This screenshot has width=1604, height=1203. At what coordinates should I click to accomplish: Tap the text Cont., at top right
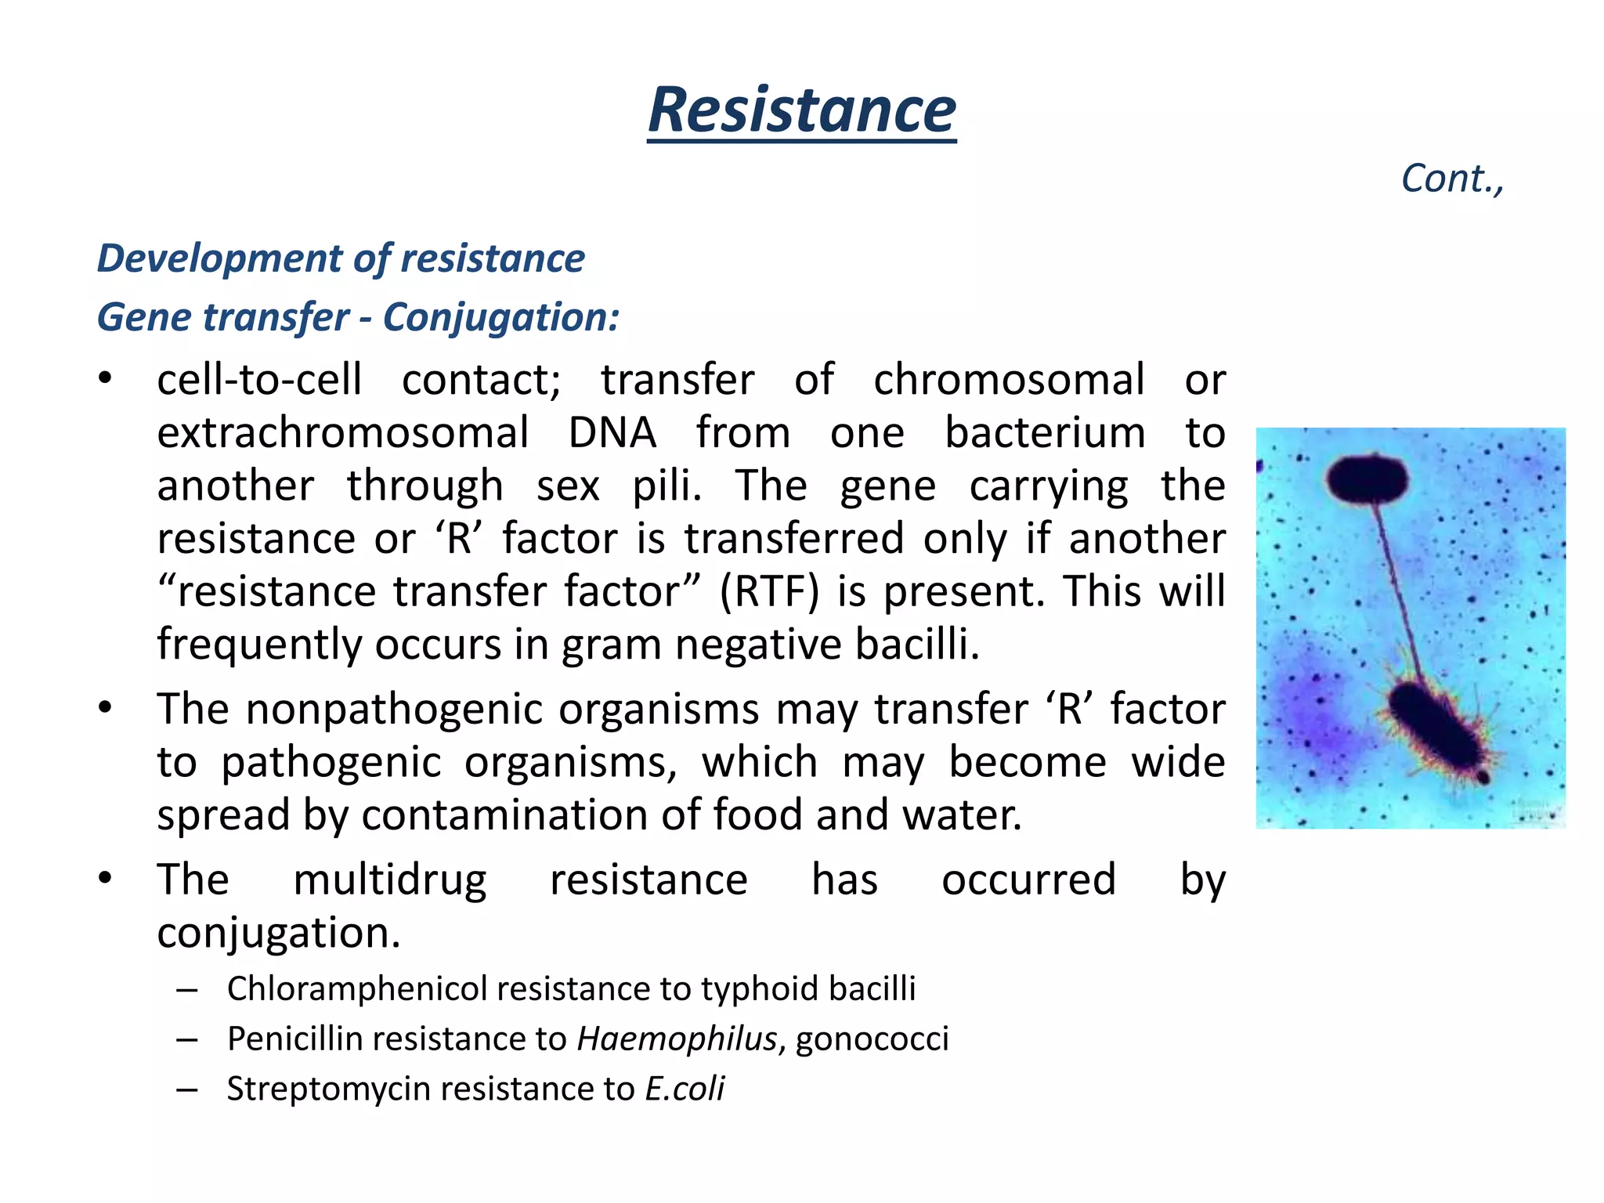tap(1451, 179)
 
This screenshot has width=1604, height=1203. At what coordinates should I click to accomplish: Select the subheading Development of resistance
tap(341, 258)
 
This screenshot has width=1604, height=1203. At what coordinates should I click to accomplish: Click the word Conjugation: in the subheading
tap(501, 317)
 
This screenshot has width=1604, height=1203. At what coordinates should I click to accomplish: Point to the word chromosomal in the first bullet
tap(1009, 380)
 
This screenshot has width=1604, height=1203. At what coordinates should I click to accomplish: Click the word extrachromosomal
tap(343, 433)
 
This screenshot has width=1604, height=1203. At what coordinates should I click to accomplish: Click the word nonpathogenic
tap(502, 709)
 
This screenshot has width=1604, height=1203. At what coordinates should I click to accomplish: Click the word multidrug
tap(389, 880)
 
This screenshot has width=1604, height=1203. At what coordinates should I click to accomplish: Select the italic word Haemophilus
tap(677, 1039)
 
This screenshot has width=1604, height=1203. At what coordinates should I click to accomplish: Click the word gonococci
tap(872, 1039)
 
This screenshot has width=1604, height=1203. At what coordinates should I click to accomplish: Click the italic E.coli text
tap(685, 1089)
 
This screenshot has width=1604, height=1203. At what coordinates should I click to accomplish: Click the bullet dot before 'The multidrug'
tap(105, 878)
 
